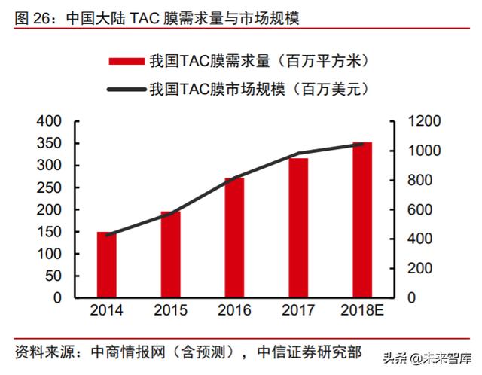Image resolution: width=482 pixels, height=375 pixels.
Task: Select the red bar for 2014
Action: (x=107, y=264)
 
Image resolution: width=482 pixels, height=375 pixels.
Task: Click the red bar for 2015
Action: (x=170, y=255)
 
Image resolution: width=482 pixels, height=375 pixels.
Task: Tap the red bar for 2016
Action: (x=234, y=237)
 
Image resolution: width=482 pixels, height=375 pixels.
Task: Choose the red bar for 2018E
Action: (x=362, y=219)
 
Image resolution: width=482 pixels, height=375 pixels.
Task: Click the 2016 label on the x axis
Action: (x=234, y=310)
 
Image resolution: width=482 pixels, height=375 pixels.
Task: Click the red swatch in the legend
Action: (x=126, y=62)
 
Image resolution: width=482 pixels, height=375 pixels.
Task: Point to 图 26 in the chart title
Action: (x=32, y=17)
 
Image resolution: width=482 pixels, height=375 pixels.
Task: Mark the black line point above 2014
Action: (x=107, y=235)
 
